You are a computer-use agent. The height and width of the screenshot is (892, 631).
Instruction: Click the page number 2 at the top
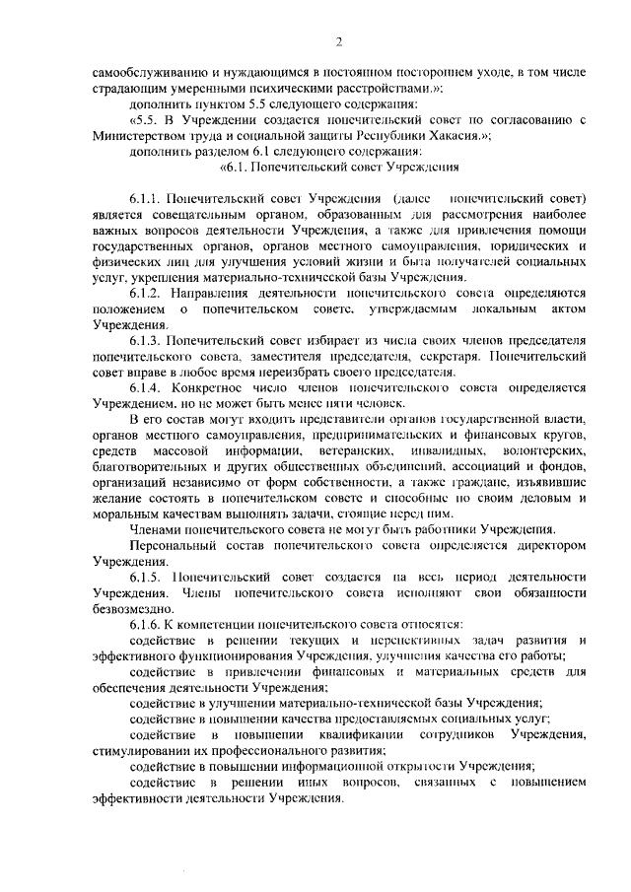click(x=338, y=40)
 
